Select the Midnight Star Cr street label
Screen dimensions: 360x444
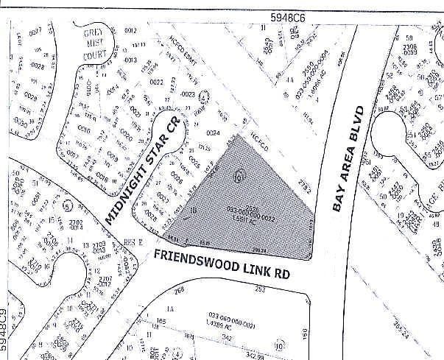(143, 172)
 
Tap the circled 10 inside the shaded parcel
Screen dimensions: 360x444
(237, 177)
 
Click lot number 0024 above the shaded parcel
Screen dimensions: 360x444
(214, 133)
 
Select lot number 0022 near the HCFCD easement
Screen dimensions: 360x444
(155, 82)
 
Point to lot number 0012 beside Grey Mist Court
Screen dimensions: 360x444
(131, 30)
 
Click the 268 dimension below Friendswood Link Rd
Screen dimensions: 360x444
(177, 291)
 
